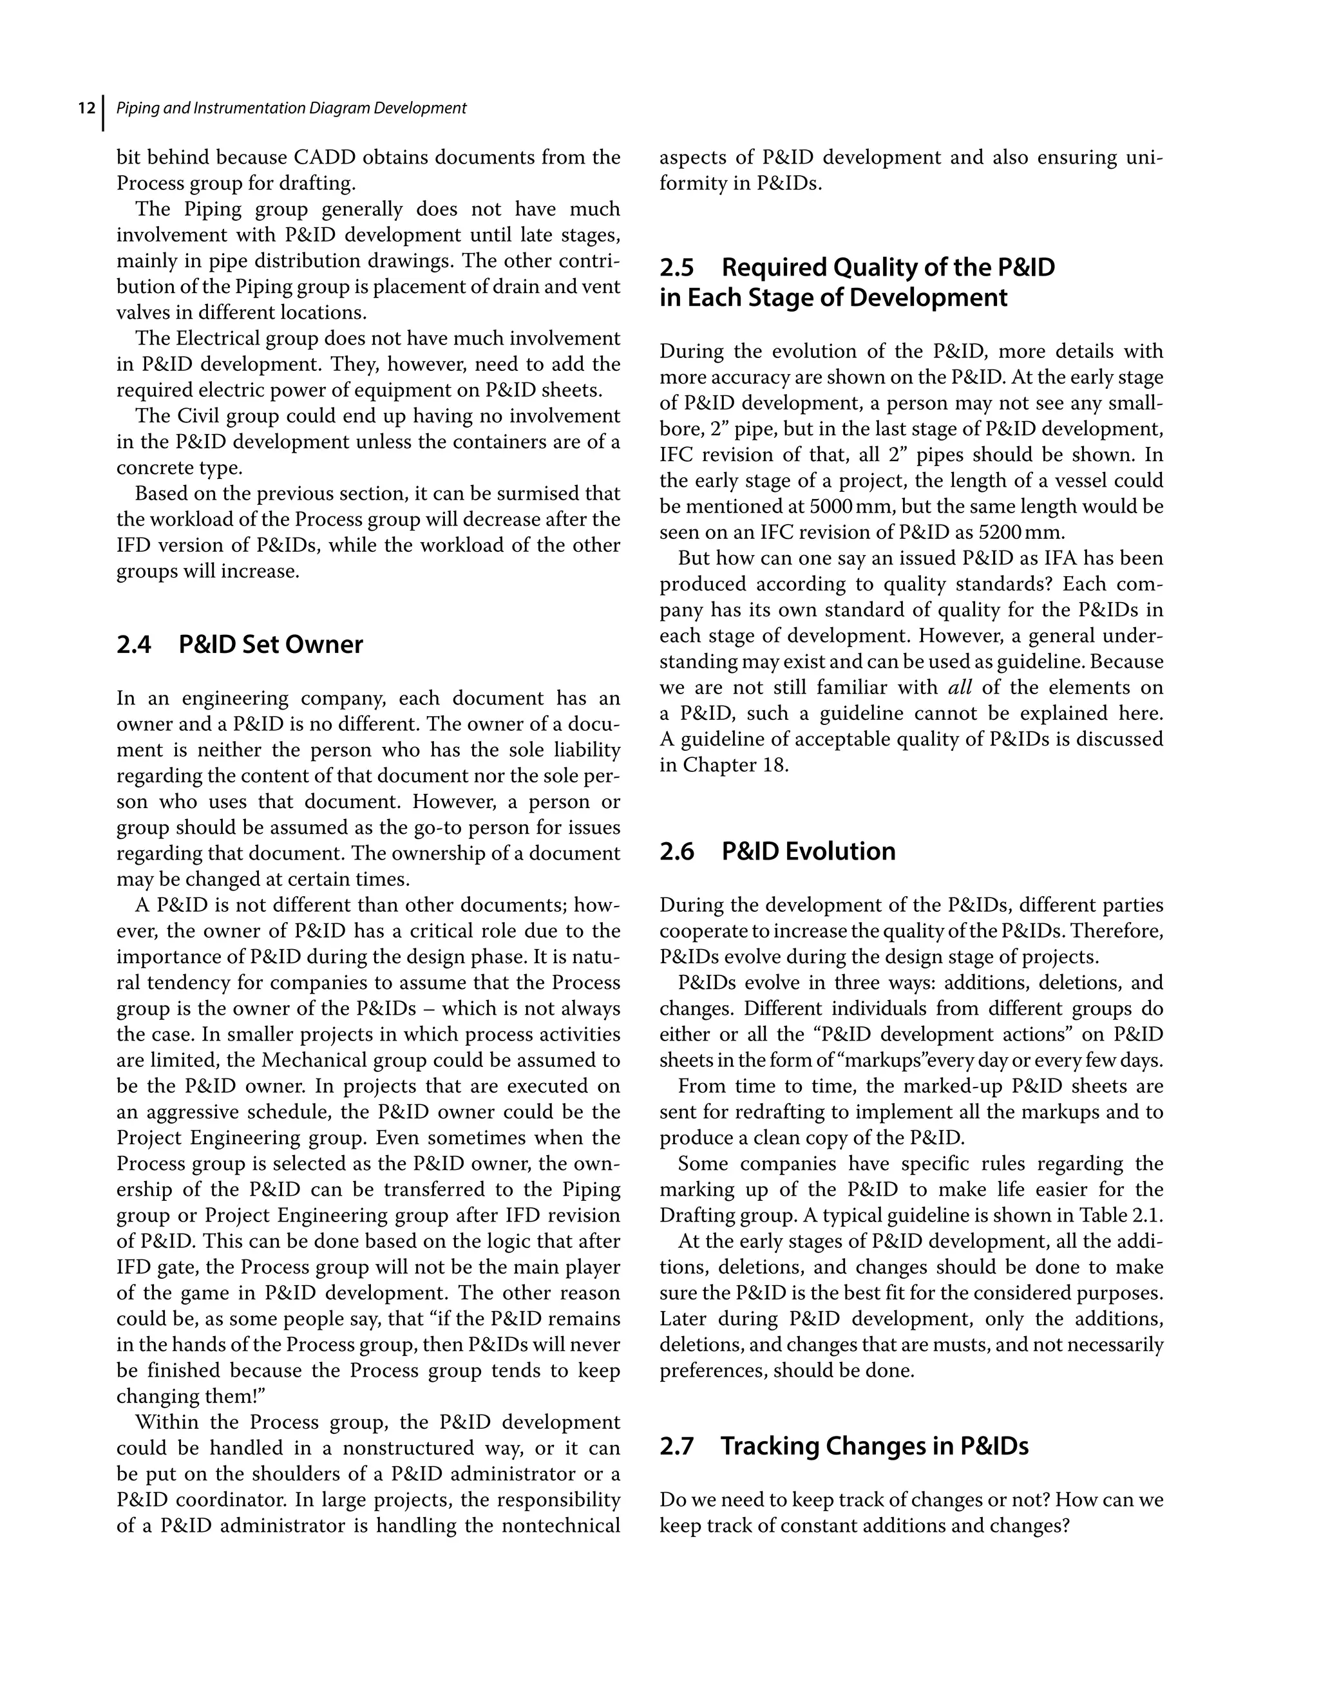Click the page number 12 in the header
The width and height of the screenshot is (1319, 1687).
click(86, 108)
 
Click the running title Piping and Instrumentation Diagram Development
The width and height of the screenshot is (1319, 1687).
click(290, 108)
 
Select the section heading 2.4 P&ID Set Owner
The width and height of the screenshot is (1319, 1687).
click(240, 644)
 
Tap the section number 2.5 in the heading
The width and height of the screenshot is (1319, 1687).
click(677, 267)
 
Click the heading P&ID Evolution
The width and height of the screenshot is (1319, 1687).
click(808, 851)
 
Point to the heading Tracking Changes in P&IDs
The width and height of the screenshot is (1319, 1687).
click(875, 1446)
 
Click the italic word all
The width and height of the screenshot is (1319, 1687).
click(960, 688)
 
